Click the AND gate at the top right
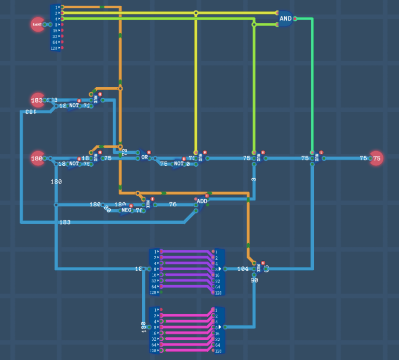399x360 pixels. (285, 18)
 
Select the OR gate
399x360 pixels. (144, 157)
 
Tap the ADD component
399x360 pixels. (202, 202)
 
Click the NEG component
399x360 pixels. (126, 210)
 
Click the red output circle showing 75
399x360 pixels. (376, 158)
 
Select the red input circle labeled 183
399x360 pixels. (37, 100)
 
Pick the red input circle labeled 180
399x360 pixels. (37, 158)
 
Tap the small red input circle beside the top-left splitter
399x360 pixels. (37, 24)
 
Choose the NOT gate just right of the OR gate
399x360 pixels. (178, 164)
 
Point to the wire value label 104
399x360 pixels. (243, 269)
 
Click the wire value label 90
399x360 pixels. (254, 280)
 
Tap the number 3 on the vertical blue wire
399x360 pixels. (254, 179)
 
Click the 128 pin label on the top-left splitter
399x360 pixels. (54, 48)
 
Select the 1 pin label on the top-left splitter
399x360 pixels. (56, 7)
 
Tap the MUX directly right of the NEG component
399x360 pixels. (147, 205)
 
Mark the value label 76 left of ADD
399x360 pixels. (172, 204)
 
